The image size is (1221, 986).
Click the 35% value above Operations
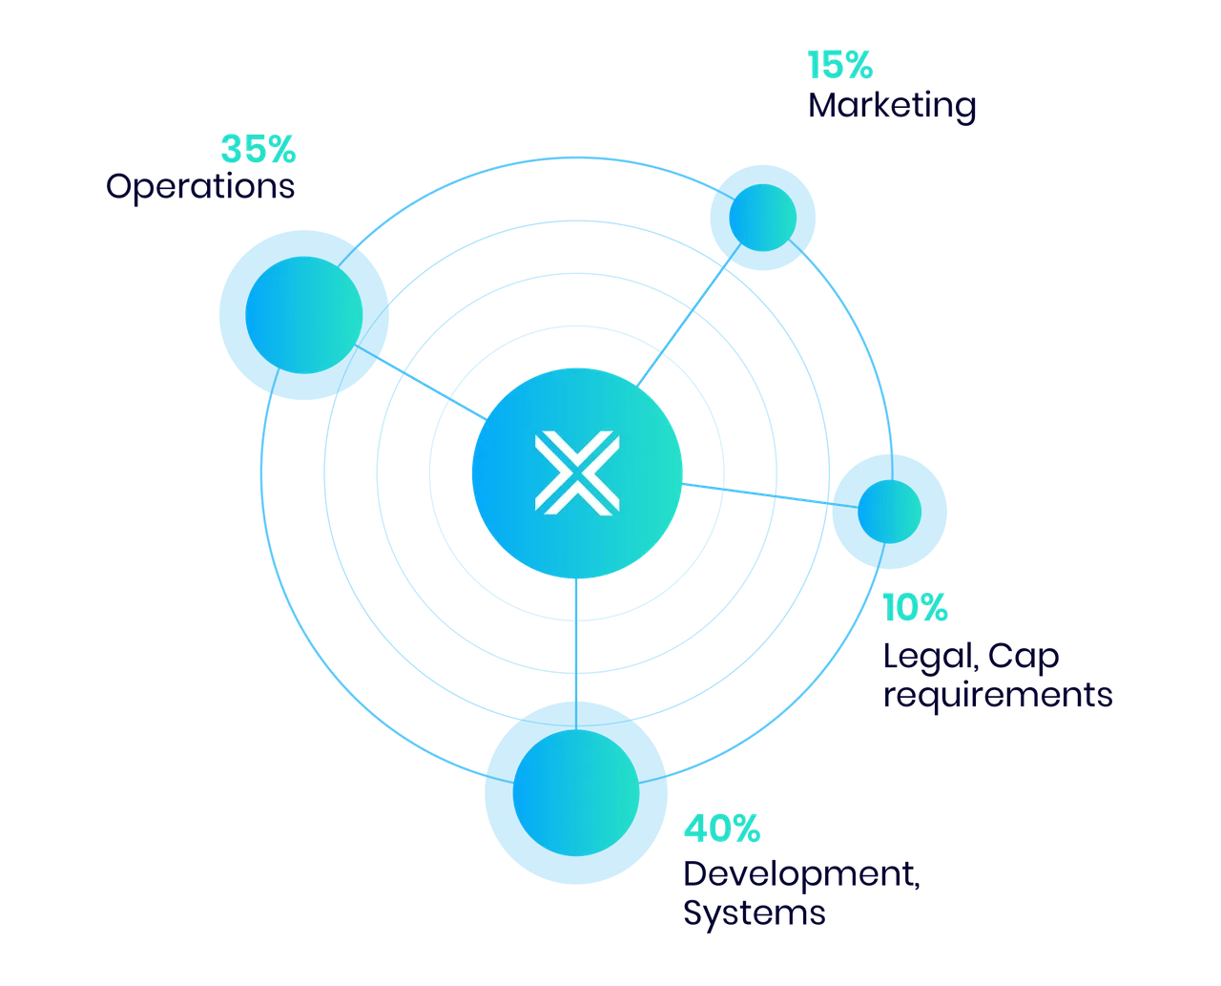click(258, 149)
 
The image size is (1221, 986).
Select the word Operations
click(200, 187)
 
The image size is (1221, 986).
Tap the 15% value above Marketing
click(839, 65)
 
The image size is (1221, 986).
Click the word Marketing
click(891, 106)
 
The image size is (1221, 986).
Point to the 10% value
click(915, 607)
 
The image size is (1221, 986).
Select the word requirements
click(998, 696)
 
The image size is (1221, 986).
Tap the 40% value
click(722, 829)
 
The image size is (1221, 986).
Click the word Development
click(801, 874)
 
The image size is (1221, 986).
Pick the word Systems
click(754, 913)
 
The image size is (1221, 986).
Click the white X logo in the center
click(577, 473)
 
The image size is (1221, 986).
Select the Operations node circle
click(303, 315)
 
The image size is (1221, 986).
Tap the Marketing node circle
click(762, 218)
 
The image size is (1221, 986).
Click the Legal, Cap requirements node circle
click(889, 512)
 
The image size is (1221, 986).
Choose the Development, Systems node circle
click(576, 793)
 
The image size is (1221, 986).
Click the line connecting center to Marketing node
click(689, 316)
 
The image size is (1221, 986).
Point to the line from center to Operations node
click(421, 383)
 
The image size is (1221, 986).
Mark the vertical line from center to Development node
click(576, 654)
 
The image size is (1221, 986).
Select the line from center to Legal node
click(770, 495)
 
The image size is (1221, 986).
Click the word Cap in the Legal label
click(1024, 657)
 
